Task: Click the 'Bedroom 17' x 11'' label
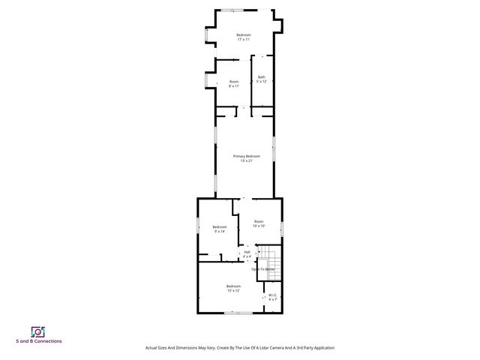244,37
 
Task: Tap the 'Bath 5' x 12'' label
262,79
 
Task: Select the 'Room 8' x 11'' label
234,83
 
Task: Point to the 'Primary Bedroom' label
246,158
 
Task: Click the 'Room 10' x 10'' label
258,223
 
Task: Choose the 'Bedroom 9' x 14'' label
219,229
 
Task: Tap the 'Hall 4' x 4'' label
247,253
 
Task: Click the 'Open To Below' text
263,269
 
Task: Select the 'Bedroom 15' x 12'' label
233,288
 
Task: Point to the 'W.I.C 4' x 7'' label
273,297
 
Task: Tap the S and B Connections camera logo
38,331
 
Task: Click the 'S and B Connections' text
39,342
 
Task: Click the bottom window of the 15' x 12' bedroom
238,313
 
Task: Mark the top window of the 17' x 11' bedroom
232,9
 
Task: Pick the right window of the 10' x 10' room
281,226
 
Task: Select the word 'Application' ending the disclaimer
320,348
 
